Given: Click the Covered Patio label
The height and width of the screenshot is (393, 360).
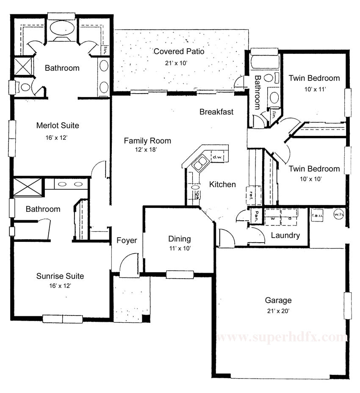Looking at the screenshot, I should click(179, 52).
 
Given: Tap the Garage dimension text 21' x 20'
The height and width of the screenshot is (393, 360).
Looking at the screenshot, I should click(278, 310).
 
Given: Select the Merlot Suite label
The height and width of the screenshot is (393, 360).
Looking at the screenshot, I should click(58, 125).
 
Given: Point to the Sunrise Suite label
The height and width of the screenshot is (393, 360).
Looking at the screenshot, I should click(60, 276).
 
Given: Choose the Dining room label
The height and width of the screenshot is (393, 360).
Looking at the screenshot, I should click(179, 239).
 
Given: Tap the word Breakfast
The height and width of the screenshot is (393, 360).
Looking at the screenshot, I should click(216, 112).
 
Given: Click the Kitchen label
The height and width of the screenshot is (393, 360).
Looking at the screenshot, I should click(222, 184).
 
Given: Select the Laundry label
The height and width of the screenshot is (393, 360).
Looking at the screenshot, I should click(285, 235).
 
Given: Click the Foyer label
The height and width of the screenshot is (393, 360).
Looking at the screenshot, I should click(127, 241).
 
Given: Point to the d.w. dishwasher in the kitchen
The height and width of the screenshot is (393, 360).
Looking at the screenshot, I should click(218, 157).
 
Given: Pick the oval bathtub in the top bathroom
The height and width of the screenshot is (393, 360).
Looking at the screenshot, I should click(62, 28).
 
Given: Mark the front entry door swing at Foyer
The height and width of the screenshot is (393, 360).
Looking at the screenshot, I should click(129, 267).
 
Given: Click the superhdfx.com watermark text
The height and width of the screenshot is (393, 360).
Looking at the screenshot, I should click(282, 338).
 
